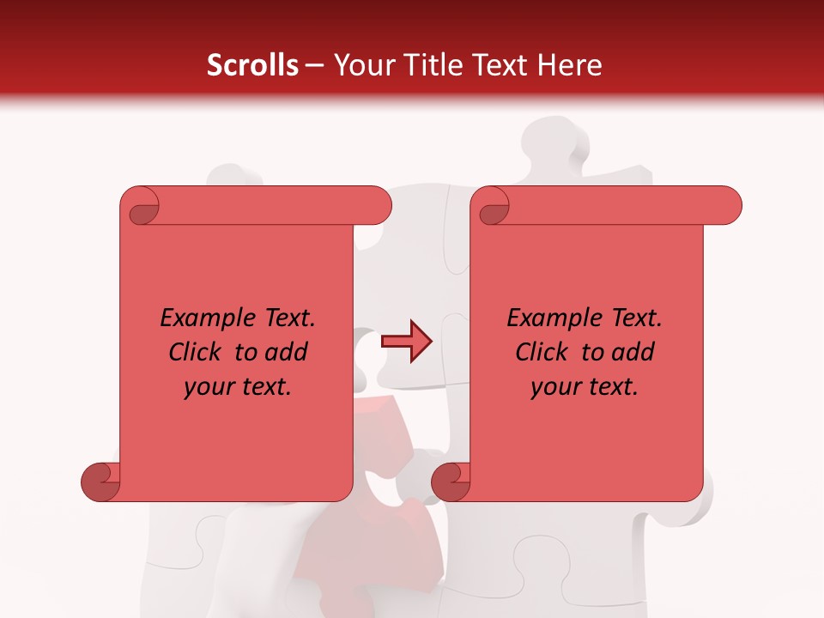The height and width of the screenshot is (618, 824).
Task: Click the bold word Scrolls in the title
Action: click(252, 65)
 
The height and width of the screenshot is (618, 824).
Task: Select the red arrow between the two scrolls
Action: click(406, 341)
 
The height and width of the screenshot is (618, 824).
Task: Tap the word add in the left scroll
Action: click(286, 352)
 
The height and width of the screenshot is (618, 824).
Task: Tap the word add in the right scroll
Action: click(633, 352)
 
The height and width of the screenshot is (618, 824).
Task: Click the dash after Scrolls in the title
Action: click(314, 66)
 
